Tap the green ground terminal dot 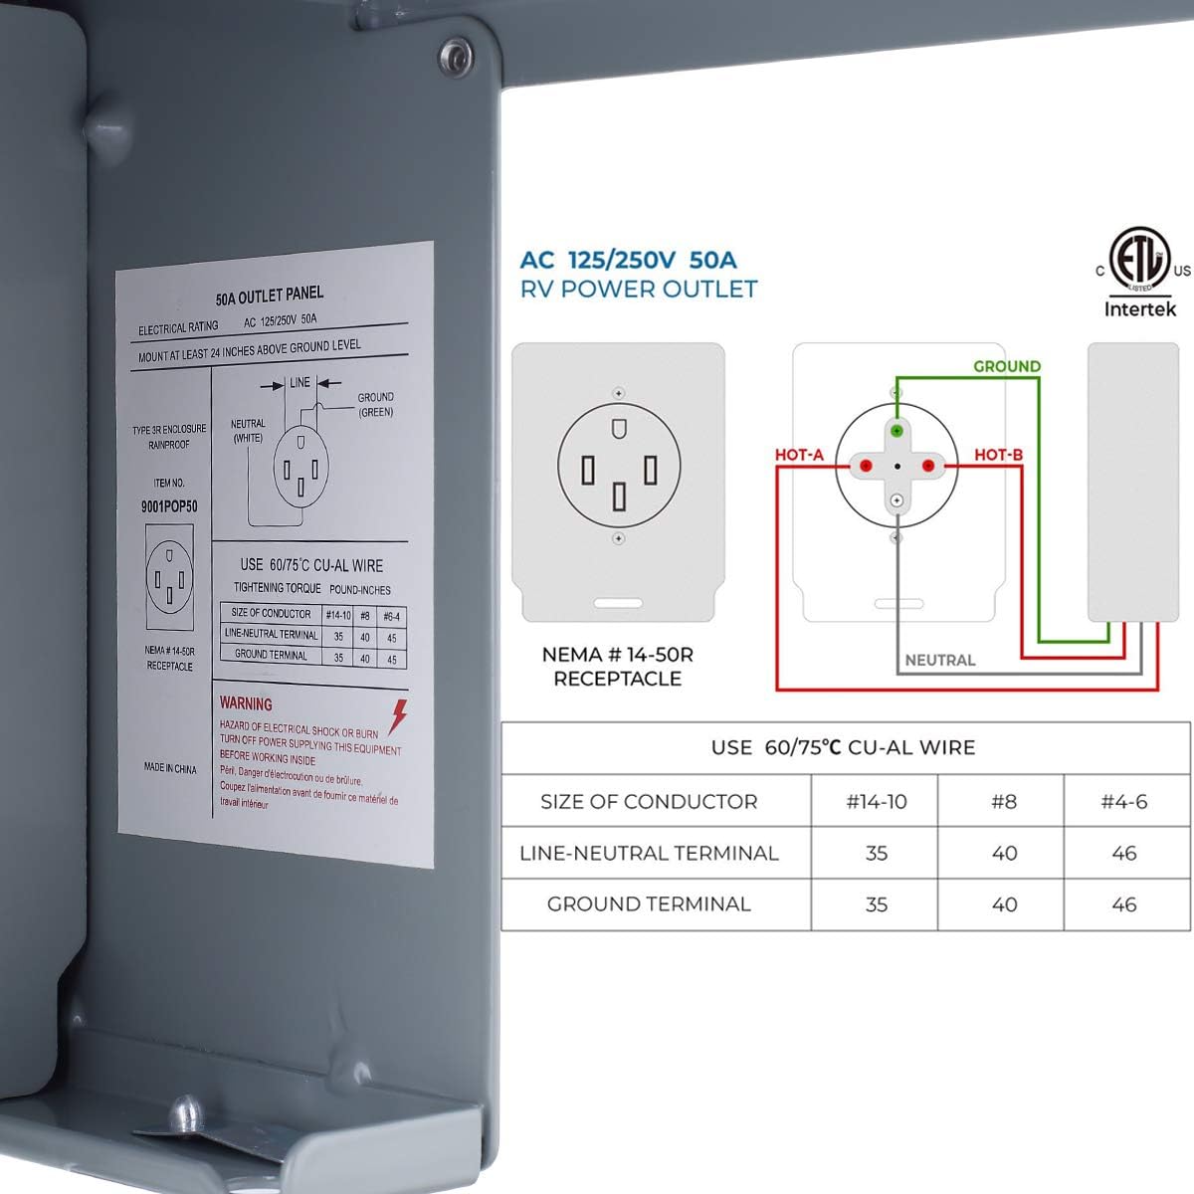point(896,430)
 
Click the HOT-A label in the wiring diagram point(799,455)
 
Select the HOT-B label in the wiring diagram point(998,455)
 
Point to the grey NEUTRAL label point(939,660)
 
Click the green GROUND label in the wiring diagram point(1007,366)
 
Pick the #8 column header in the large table point(1003,801)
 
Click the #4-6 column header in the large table point(1124,801)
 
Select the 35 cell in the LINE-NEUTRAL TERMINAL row point(876,853)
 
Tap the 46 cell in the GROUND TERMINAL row point(1124,904)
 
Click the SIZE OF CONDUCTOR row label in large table point(649,801)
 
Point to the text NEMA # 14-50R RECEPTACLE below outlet point(617,667)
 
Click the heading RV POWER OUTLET point(639,290)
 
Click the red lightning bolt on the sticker point(398,715)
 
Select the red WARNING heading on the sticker point(246,703)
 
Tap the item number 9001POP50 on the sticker point(169,506)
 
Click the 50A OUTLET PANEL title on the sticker point(269,296)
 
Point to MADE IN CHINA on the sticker point(170,768)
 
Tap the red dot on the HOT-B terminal point(928,465)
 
